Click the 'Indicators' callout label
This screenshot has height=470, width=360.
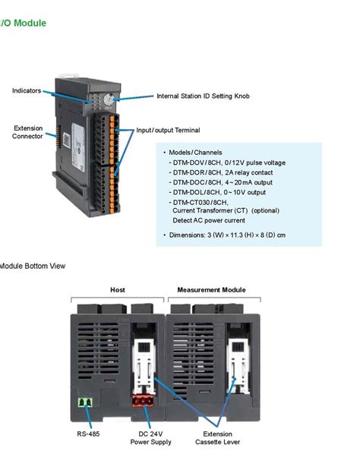[27, 91]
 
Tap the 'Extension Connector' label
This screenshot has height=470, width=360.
[27, 132]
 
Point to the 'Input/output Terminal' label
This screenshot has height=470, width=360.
[168, 131]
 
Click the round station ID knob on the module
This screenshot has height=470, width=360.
[109, 99]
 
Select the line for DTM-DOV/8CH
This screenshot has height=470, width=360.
[228, 162]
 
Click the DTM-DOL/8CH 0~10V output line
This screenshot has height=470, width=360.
[219, 192]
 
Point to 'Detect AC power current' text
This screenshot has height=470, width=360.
[209, 220]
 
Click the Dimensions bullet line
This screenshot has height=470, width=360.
[226, 235]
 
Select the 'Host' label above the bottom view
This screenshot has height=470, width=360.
[118, 290]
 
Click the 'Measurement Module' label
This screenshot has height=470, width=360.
[211, 290]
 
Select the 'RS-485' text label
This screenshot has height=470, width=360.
[88, 434]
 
